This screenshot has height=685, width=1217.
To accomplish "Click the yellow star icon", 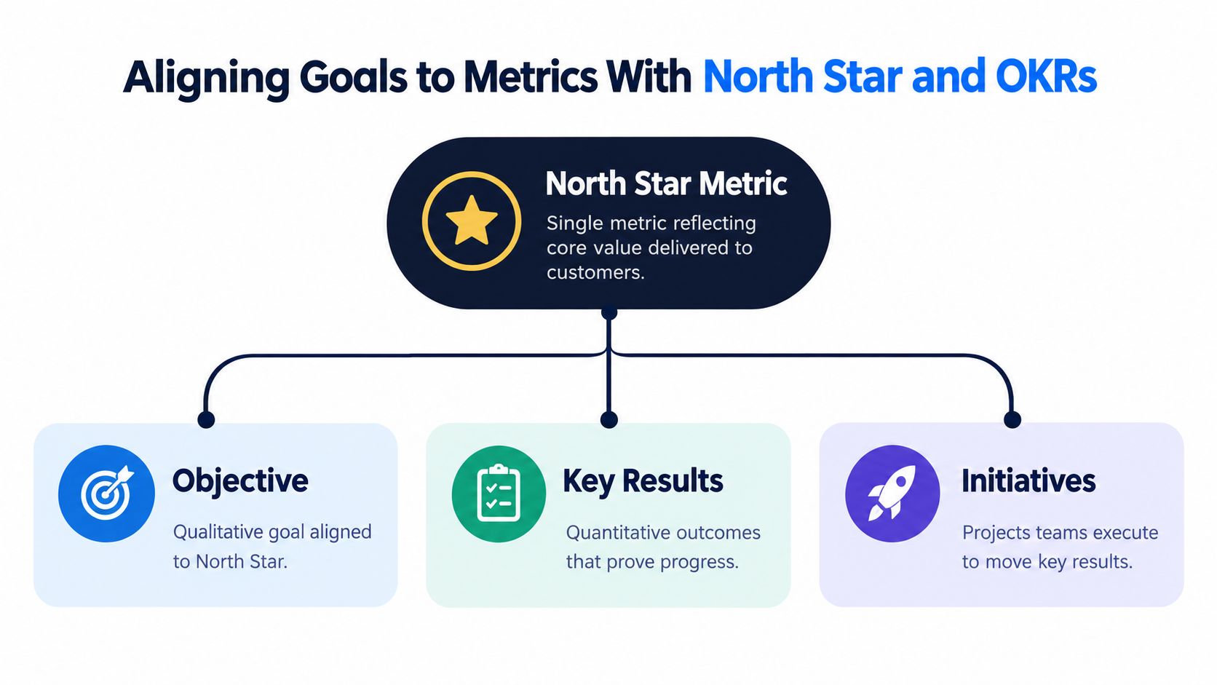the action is tap(472, 221).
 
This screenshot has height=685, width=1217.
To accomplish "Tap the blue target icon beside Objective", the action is tap(106, 494).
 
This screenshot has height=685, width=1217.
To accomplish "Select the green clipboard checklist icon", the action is tap(499, 494).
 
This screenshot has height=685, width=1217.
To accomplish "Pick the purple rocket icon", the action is tap(892, 494).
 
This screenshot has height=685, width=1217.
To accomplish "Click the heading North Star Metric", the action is tap(666, 183).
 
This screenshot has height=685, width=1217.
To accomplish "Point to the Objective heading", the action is tap(240, 480).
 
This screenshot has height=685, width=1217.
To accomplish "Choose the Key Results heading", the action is tap(643, 480).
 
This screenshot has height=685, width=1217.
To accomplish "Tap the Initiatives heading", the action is tap(1028, 480).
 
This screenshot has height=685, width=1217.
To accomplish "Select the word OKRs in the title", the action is tap(1047, 76).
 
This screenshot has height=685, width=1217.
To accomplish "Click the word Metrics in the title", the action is tap(531, 76).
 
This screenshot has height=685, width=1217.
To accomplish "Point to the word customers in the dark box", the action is tap(595, 272).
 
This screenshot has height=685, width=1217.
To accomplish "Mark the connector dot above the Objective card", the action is tap(206, 419).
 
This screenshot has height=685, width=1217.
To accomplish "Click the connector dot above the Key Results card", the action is tap(609, 419).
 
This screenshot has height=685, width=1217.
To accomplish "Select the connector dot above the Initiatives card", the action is tap(1012, 419).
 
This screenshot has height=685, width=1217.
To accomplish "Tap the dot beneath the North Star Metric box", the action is tap(609, 314).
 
